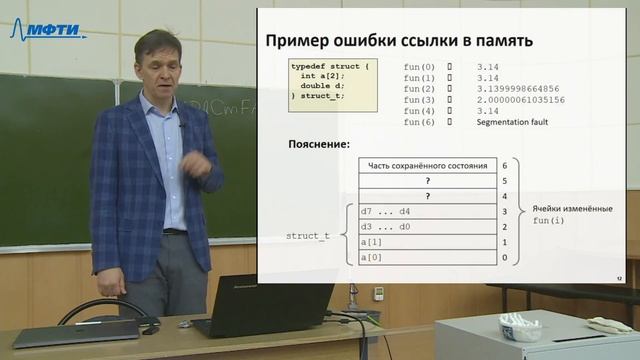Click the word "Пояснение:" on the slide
coord(318,144)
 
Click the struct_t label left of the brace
coord(307,235)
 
